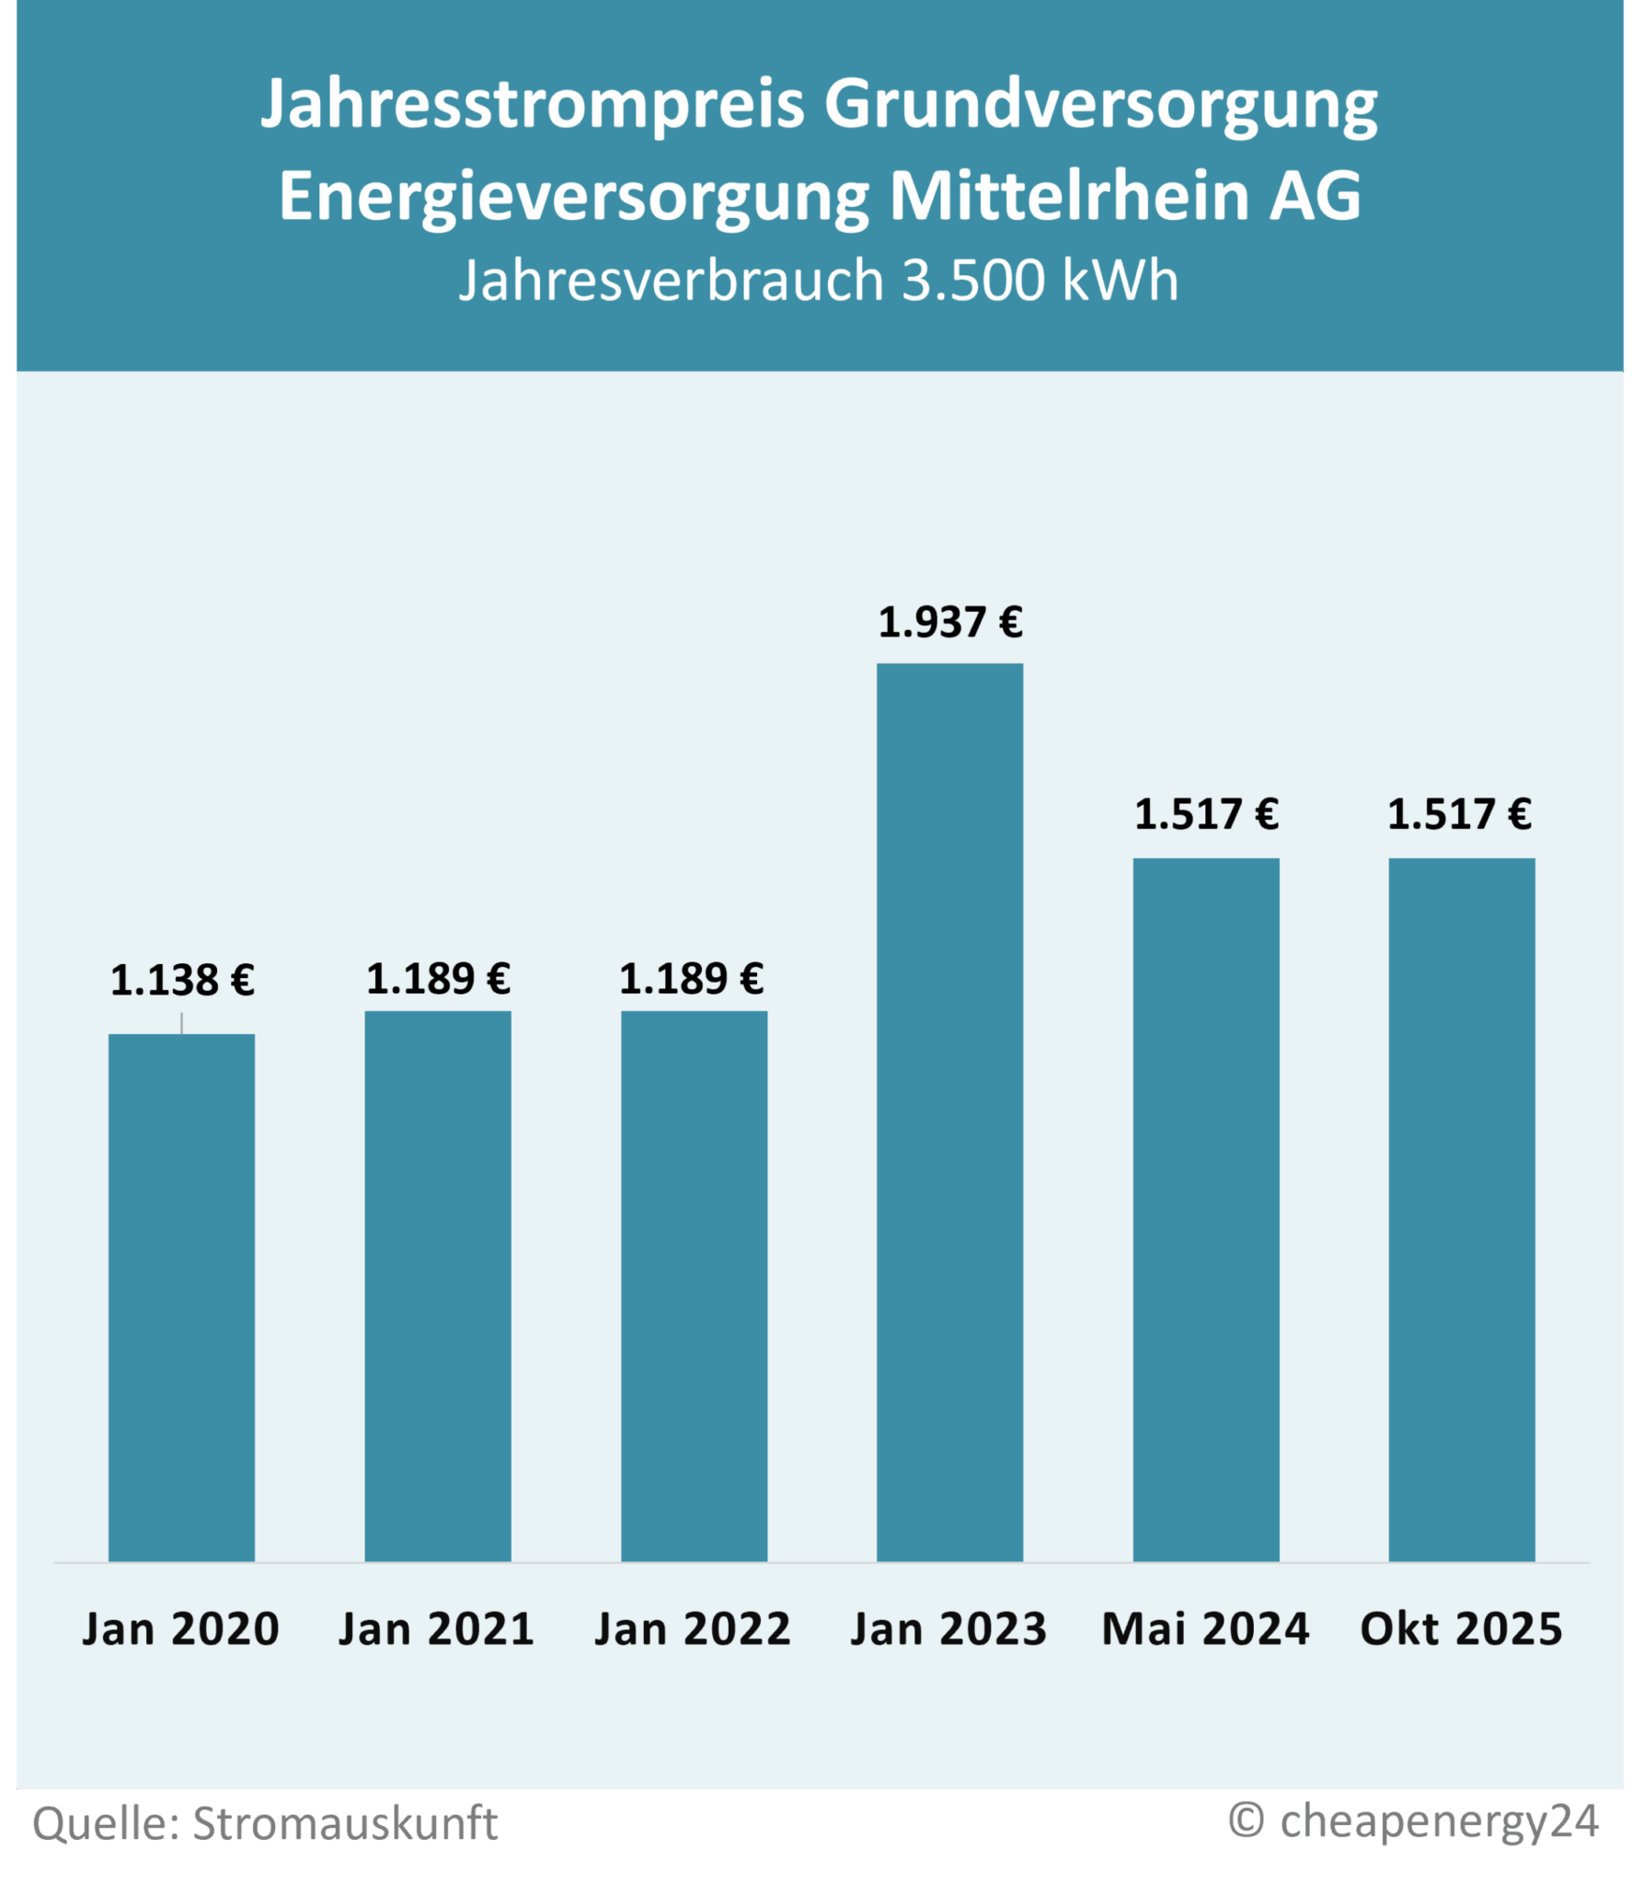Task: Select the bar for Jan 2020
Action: (x=181, y=1297)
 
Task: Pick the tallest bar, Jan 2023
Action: (x=949, y=1112)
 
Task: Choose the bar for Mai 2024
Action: (x=1206, y=1210)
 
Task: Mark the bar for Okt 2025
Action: (x=1462, y=1210)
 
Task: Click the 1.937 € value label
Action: (x=949, y=623)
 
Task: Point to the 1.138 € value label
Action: (x=181, y=981)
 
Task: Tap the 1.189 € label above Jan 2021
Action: (x=437, y=979)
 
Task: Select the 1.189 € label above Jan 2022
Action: (x=691, y=979)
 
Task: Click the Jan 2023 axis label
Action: (x=948, y=1629)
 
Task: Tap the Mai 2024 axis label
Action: (x=1205, y=1629)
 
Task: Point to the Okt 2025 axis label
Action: (x=1461, y=1629)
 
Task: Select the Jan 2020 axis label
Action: (x=181, y=1629)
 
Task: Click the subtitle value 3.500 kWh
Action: (x=1040, y=280)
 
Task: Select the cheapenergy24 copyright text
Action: (x=1439, y=1821)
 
